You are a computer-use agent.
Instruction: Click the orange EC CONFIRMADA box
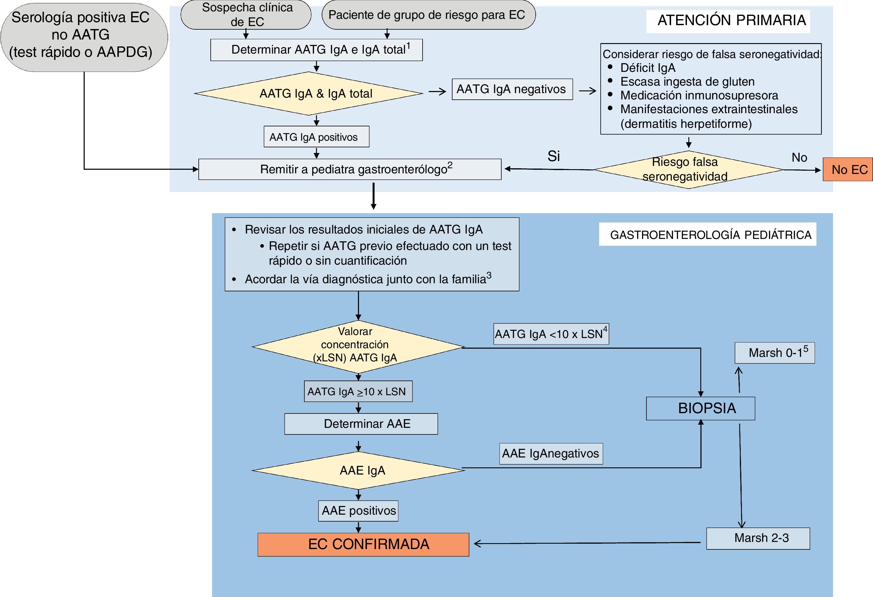coord(363,544)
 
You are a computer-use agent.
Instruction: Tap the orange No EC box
coord(848,169)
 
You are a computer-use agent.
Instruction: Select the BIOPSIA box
coord(700,408)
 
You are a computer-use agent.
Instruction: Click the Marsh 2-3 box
coord(758,538)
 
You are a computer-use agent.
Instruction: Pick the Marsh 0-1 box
coord(775,353)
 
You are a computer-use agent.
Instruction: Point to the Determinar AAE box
coord(361,424)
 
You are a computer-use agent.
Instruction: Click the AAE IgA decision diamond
coord(358,470)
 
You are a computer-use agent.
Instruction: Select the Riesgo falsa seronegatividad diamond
coord(688,169)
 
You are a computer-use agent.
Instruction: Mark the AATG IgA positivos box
coord(316,137)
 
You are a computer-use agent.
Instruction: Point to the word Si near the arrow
coord(554,156)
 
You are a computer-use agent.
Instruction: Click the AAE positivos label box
coord(358,510)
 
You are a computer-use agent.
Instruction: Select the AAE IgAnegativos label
coord(551,454)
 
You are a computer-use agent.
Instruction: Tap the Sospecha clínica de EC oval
coord(246,15)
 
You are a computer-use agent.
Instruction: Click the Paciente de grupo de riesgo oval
coord(428,15)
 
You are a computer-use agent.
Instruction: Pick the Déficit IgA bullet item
coord(648,68)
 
